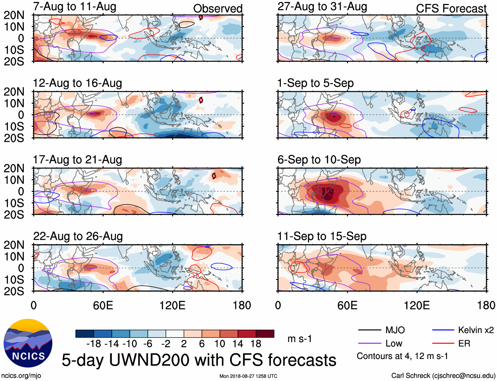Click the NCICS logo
pos(28,343)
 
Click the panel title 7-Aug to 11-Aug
pos(74,7)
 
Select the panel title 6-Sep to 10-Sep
pos(319,160)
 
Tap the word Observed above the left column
pos(218,9)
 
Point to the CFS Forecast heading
pos(451,9)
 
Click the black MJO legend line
pos(369,330)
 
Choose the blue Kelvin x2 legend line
pos(443,330)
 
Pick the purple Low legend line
pos(369,343)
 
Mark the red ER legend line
pos(443,343)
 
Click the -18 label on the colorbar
pos(93,344)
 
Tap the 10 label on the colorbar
pos(220,344)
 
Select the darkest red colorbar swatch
pos(265,334)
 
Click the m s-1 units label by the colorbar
pos(300,339)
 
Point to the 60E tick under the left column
pos(103,306)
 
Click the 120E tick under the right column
pos(417,306)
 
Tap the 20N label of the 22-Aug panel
pos(14,245)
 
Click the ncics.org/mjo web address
pos(21,376)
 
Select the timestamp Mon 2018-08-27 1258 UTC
pos(248,376)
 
